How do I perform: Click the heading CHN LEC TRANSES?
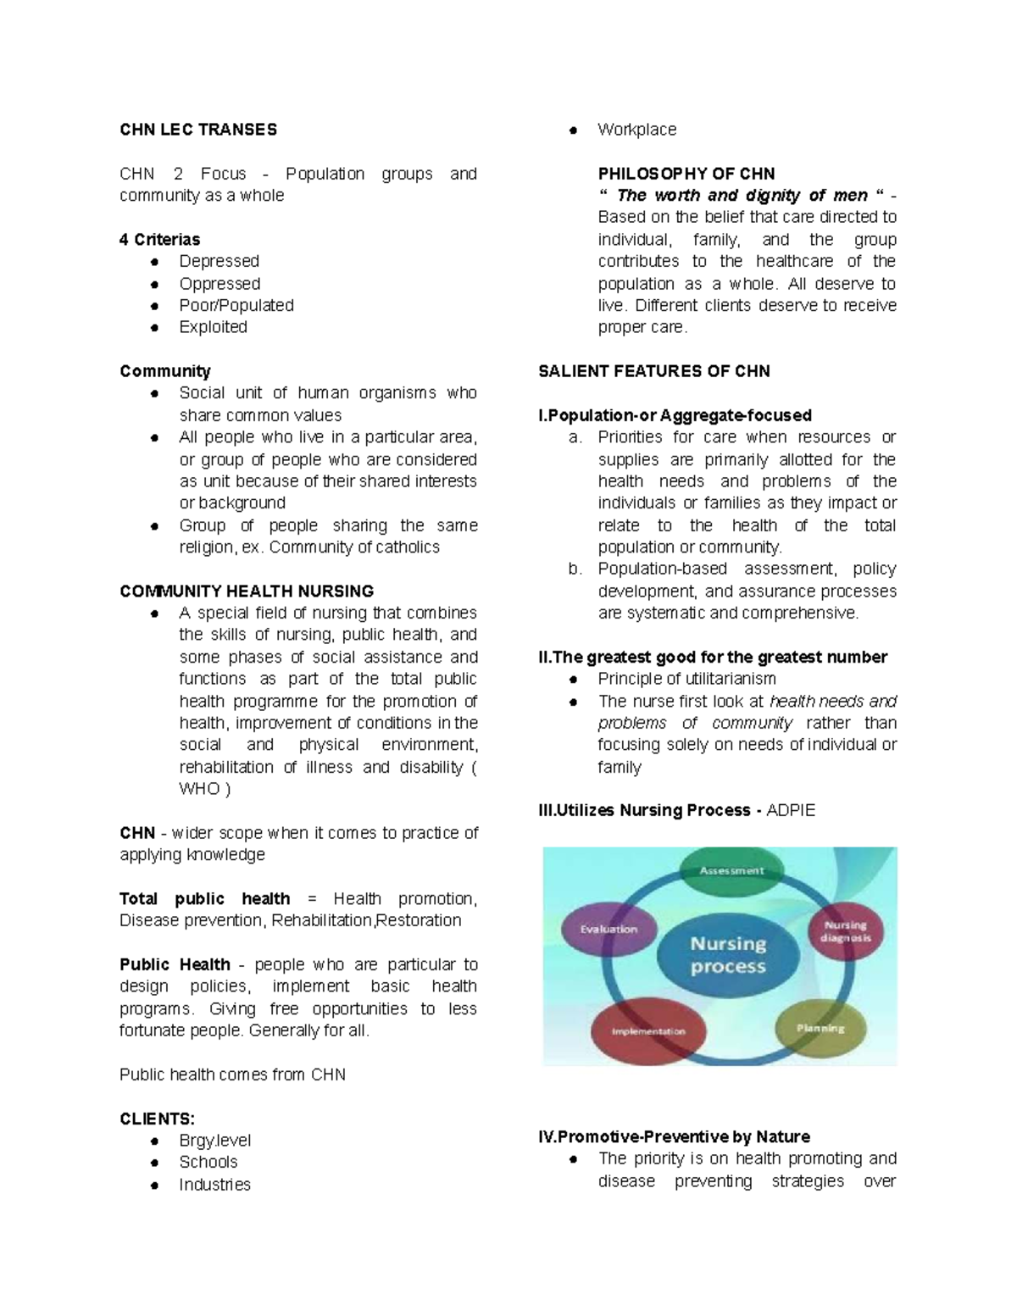point(198,130)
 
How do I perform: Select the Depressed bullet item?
point(219,261)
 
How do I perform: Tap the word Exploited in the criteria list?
point(213,327)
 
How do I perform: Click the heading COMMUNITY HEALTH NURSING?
point(247,591)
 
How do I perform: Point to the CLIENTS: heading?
point(157,1119)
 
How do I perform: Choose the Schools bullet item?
point(208,1162)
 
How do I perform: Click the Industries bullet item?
point(214,1184)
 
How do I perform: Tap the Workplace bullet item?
point(636,130)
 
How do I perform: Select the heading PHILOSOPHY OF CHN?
point(686,174)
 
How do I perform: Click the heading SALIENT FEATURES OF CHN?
point(653,371)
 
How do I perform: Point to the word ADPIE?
point(790,810)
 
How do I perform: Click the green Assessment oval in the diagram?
point(731,871)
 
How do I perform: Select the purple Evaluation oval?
point(609,930)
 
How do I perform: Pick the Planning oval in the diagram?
point(820,1028)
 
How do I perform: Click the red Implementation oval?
point(648,1031)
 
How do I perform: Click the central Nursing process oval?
point(728,955)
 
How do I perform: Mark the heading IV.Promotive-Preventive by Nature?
point(674,1136)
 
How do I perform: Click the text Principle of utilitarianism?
point(686,679)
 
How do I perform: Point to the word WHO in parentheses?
point(199,789)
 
